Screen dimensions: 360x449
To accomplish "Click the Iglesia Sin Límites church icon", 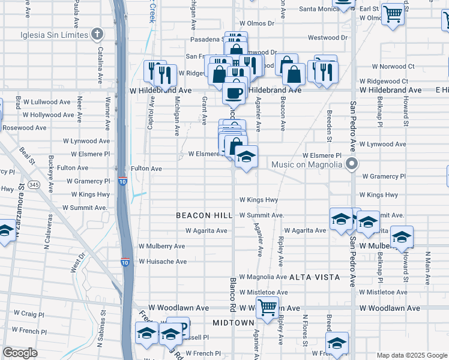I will click(x=97, y=34).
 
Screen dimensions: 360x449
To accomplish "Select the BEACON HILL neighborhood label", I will click(x=202, y=215).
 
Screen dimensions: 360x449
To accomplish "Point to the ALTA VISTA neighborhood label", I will click(x=315, y=277).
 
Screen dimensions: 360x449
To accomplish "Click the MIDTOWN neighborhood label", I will click(x=234, y=323).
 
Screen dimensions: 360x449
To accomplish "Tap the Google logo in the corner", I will click(x=20, y=352).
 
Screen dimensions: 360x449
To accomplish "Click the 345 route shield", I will click(x=34, y=185).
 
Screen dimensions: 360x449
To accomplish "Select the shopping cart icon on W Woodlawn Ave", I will click(x=267, y=307).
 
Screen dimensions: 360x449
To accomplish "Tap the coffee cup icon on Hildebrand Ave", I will click(x=234, y=92).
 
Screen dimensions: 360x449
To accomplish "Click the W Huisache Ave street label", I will click(x=163, y=262).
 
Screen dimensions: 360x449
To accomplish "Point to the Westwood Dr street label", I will click(x=328, y=37).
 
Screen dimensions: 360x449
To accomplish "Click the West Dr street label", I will click(x=78, y=263).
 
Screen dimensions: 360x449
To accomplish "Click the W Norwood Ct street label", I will click(x=393, y=66).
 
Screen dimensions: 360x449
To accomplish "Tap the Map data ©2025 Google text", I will click(x=411, y=355).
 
